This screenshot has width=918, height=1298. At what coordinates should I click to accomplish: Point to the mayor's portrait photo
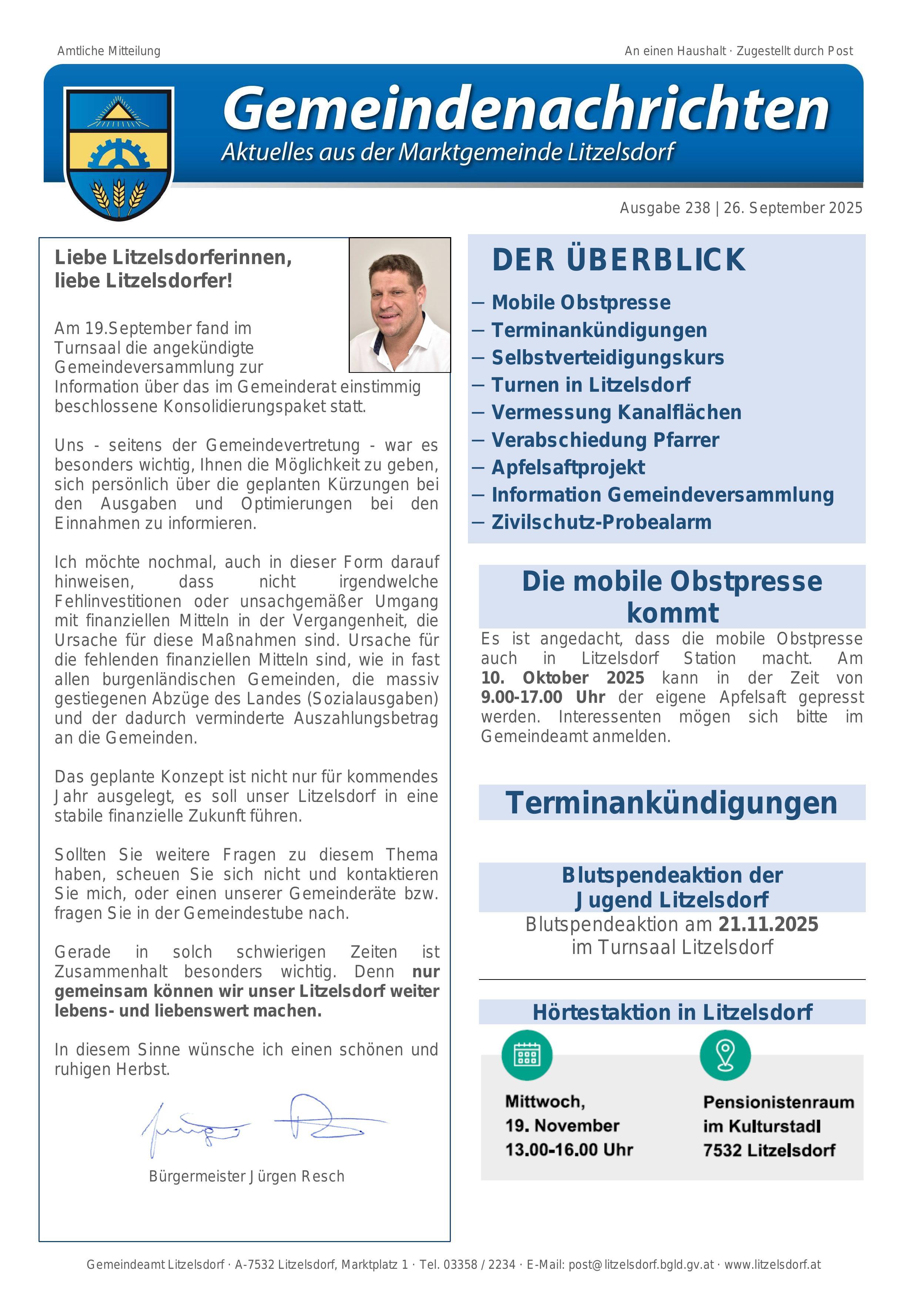(x=399, y=305)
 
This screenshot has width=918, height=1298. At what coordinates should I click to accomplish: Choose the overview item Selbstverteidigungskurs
(x=607, y=358)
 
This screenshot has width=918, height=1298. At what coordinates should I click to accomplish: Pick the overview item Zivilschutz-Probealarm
(x=601, y=522)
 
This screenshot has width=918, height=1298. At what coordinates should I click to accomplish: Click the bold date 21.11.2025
(x=768, y=924)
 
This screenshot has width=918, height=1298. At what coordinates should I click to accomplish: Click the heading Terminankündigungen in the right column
(x=671, y=803)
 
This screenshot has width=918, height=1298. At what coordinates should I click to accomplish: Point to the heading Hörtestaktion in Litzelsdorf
(x=672, y=1012)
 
